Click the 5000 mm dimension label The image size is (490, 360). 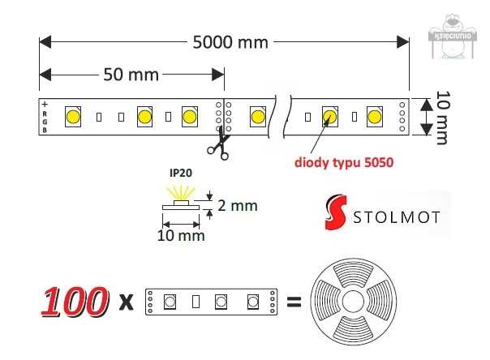tap(230, 41)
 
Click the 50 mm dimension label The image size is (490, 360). tap(130, 75)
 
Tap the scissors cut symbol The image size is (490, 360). tap(217, 146)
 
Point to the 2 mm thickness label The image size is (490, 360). tap(239, 205)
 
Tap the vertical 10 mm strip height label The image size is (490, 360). tap(441, 118)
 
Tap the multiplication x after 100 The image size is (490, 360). tap(125, 303)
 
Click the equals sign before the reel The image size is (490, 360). tap(294, 303)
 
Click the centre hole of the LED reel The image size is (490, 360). tap(354, 302)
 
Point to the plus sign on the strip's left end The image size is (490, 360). tap(45, 105)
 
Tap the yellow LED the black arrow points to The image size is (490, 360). tap(329, 116)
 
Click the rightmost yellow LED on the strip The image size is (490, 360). tap(374, 116)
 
